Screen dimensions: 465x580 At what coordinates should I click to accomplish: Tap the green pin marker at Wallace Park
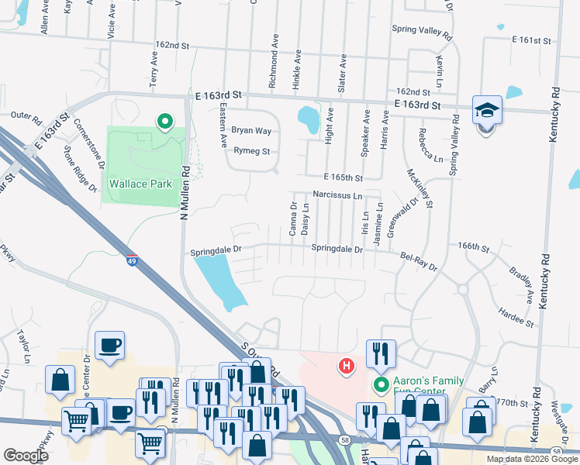click(164, 122)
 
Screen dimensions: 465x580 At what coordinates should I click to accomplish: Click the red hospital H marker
click(347, 364)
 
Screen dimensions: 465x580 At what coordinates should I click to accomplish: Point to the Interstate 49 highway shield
click(133, 260)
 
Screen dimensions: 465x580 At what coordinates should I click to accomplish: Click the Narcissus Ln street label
click(337, 196)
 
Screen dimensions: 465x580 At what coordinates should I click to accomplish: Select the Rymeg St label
click(252, 152)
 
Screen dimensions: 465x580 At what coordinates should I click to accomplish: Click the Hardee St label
click(518, 317)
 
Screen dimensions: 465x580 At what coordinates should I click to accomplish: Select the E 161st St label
click(530, 40)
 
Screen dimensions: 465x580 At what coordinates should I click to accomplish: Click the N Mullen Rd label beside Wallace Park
click(185, 191)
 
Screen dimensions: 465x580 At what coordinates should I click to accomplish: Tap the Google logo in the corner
click(26, 455)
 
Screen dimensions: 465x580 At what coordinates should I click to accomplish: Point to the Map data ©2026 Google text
click(531, 459)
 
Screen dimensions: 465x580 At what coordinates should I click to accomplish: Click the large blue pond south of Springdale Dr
click(217, 280)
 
